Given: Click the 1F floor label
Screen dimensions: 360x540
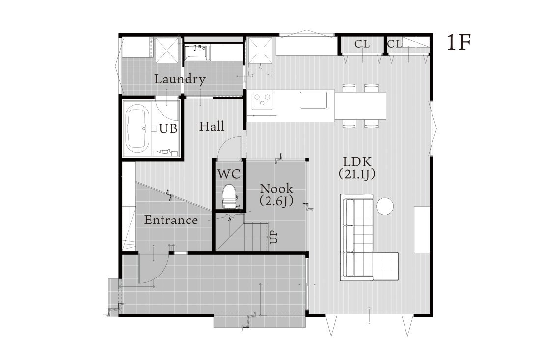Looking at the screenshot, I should coord(459,43).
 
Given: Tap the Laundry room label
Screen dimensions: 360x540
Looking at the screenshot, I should coord(180,79).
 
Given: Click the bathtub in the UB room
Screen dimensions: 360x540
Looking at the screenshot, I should coord(137,129).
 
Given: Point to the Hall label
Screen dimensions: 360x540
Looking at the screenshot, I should coord(212,126).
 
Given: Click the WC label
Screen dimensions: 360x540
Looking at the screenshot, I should coord(228,174).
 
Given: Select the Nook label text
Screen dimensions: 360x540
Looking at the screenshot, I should coord(276,188).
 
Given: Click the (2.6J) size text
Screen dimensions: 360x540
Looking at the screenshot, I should coord(276,201).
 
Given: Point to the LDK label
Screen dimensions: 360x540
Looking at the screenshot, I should coord(357,162).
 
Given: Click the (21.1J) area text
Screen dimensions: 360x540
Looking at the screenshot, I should coord(357,174).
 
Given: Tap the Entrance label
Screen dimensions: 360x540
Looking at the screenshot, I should coord(171,220).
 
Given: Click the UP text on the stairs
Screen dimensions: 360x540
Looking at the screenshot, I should coord(273,237).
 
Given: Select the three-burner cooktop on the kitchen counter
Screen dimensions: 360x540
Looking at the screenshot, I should coord(262,100).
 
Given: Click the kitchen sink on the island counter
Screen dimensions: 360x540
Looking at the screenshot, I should coord(313,100).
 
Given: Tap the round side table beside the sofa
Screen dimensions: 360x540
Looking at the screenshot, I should coord(384,206).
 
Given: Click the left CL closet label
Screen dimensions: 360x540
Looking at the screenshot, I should coord(362,44).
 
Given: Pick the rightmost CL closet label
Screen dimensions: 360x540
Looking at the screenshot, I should coord(395,44).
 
